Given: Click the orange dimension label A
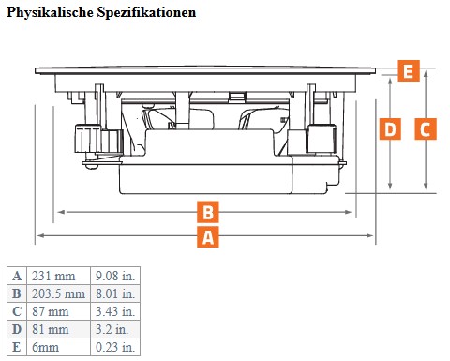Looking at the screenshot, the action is (x=208, y=236).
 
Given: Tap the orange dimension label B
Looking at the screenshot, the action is (x=208, y=212).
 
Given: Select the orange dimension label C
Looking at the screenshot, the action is (x=426, y=128).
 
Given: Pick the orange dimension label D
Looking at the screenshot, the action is (x=390, y=128).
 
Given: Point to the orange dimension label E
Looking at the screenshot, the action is (x=409, y=70).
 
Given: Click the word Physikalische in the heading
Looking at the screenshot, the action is (x=50, y=12).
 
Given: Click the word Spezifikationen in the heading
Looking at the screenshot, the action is (x=146, y=12).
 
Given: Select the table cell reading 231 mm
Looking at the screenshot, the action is (x=59, y=276).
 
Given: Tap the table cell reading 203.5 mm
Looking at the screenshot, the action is (x=59, y=293).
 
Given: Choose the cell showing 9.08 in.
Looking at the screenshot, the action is (x=115, y=276).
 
